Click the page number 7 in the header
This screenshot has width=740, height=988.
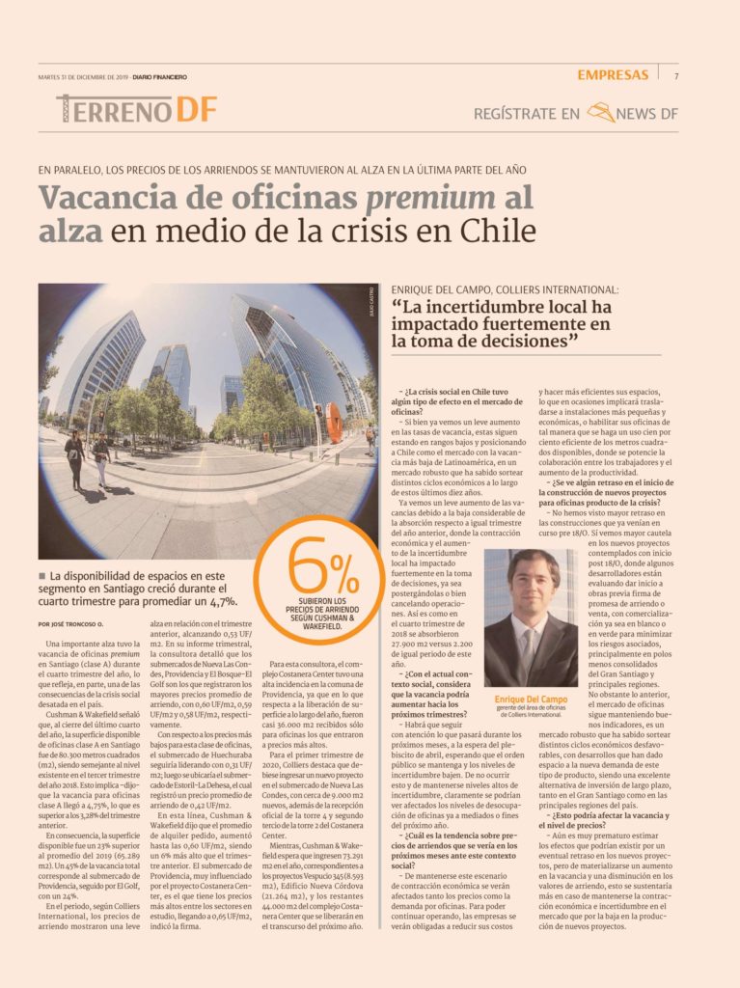click(676, 75)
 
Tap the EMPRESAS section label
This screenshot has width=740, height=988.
click(614, 75)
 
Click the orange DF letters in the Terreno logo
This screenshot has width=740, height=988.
click(196, 110)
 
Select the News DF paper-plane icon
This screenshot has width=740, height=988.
click(601, 114)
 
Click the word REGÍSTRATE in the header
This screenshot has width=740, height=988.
click(513, 115)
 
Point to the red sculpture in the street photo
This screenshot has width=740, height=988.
click(333, 422)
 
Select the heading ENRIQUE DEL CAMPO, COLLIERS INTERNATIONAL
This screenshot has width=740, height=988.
click(506, 288)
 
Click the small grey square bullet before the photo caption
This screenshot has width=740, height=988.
click(42, 575)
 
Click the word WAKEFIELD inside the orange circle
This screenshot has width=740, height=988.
click(321, 626)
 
